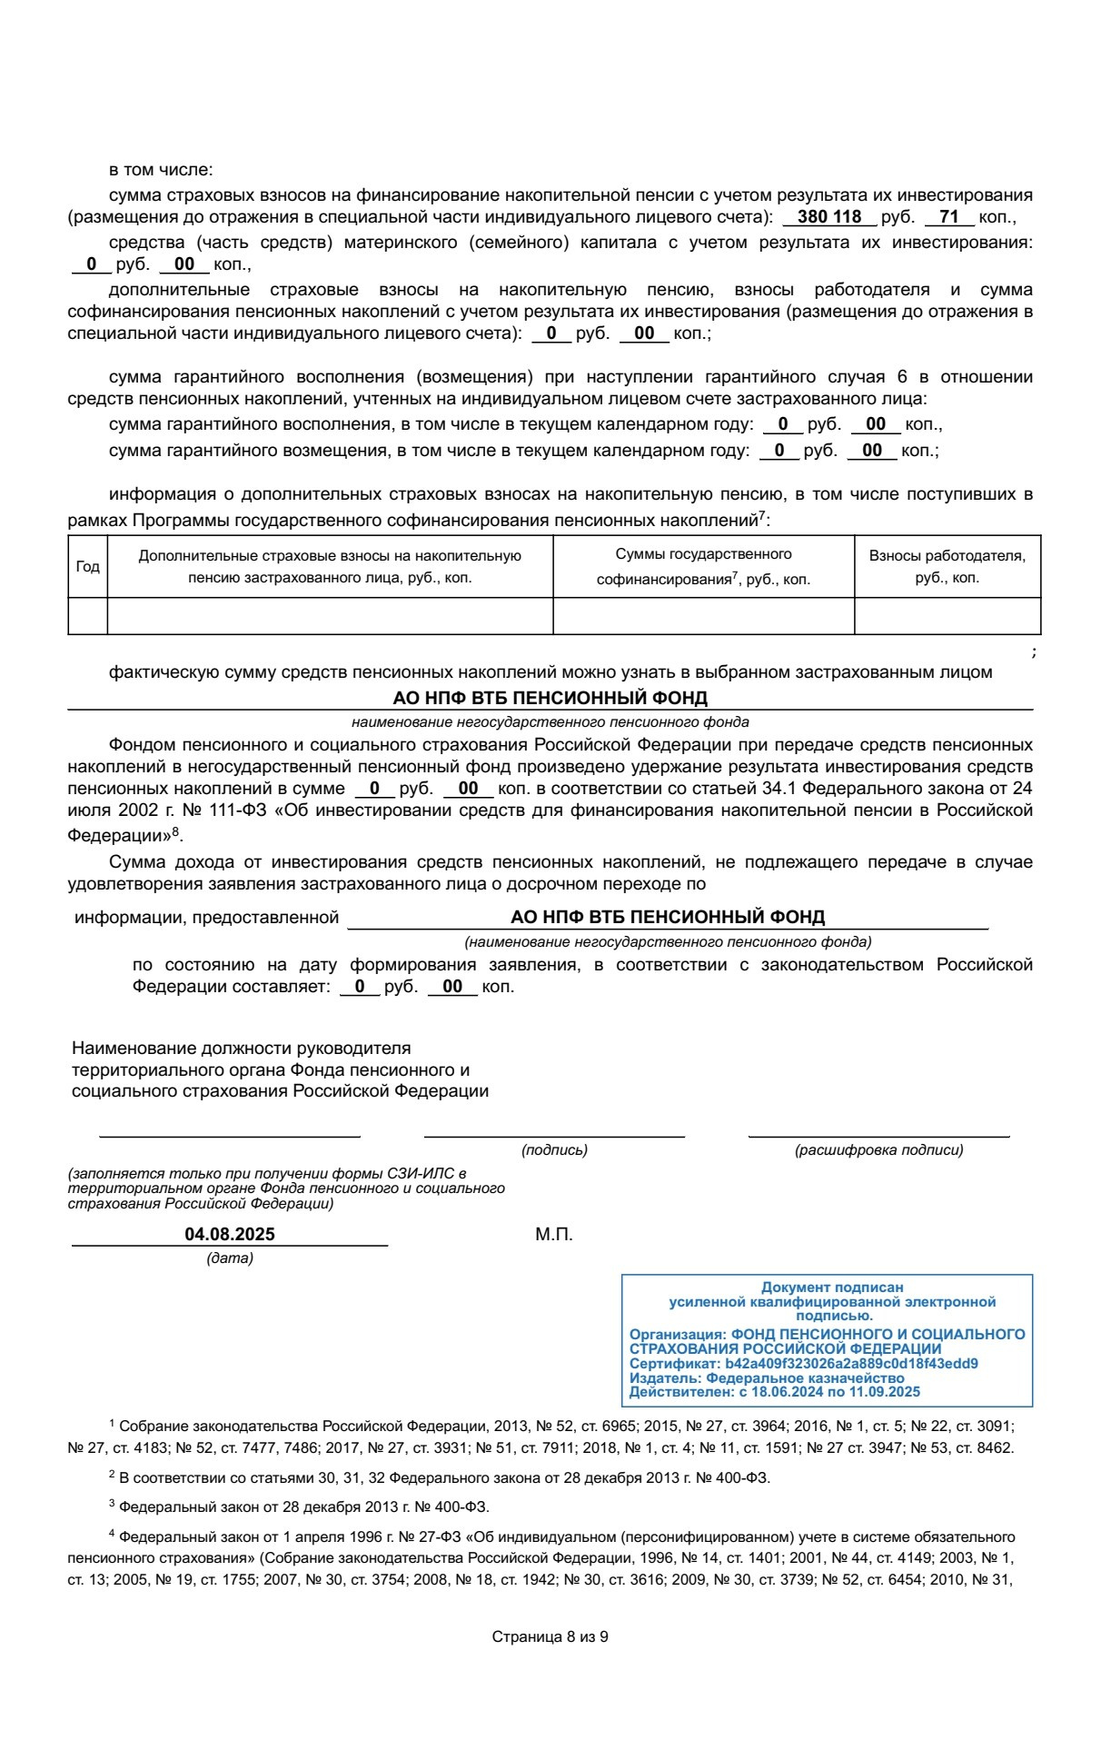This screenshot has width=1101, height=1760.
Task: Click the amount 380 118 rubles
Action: click(828, 217)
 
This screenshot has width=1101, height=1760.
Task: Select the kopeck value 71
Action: click(949, 217)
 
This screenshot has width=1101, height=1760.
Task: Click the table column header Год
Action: click(87, 566)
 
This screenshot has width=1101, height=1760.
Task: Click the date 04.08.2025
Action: click(230, 1234)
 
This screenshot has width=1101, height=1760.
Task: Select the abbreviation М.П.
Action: click(553, 1234)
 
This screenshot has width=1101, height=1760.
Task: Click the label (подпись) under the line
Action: click(554, 1149)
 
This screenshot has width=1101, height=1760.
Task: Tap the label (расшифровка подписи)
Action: click(878, 1149)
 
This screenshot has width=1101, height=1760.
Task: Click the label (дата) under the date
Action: click(230, 1258)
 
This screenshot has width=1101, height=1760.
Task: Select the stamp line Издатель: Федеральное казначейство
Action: click(767, 1377)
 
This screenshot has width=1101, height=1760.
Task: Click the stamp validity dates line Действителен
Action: click(774, 1391)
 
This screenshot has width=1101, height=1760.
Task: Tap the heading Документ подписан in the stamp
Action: click(832, 1287)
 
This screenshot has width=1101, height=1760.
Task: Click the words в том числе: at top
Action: click(160, 170)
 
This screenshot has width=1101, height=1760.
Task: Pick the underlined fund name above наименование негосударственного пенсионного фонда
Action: click(550, 698)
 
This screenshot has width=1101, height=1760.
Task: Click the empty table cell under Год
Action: click(87, 615)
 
